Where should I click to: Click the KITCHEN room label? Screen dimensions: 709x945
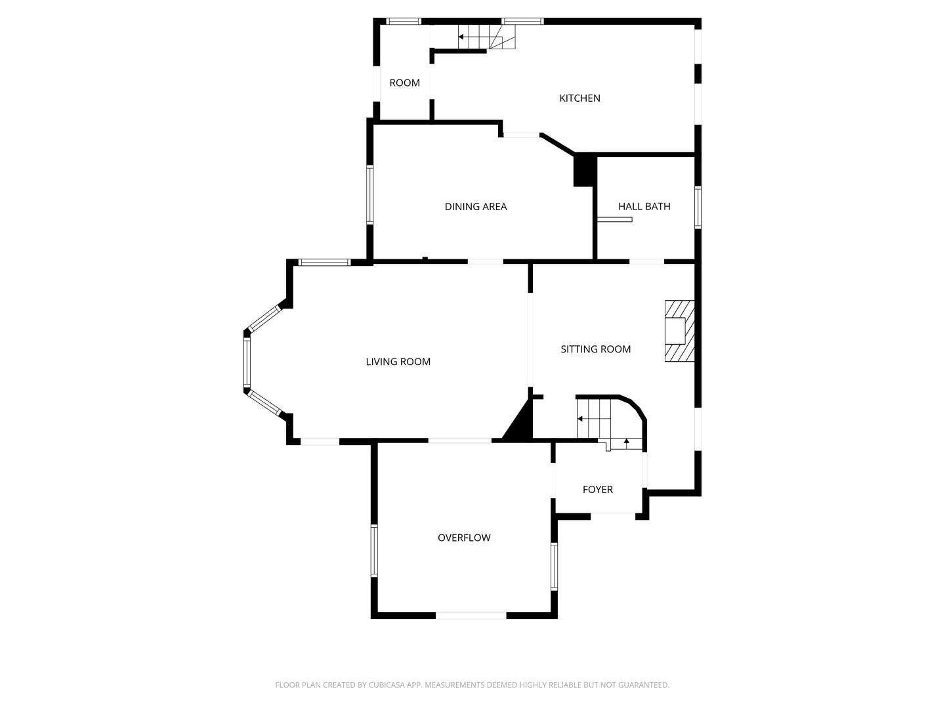(579, 98)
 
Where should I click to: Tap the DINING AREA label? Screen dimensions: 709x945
(475, 207)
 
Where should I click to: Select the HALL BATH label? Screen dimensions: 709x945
(644, 207)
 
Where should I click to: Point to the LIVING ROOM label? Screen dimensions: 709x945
(398, 362)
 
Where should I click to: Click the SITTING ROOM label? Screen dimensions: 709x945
(595, 349)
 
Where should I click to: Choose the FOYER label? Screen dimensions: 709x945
(597, 490)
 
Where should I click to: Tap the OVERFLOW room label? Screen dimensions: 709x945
(464, 538)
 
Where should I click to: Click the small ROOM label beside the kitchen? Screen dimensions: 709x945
(404, 83)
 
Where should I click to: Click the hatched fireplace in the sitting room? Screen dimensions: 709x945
(679, 332)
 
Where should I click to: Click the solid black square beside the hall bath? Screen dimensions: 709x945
(585, 171)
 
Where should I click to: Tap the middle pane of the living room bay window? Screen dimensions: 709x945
(247, 362)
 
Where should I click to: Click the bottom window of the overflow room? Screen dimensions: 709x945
(471, 615)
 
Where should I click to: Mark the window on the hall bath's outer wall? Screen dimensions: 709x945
(698, 207)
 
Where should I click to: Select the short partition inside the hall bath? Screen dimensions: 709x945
(614, 219)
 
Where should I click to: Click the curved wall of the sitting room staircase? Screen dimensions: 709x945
(637, 408)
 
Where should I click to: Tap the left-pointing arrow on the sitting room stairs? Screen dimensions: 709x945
(580, 418)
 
